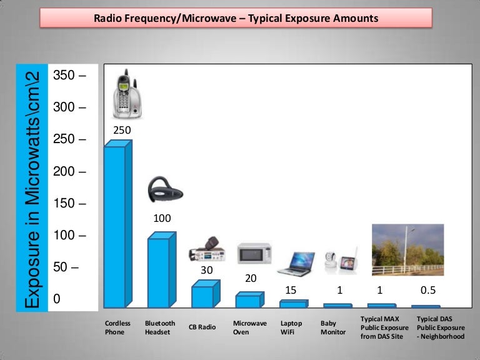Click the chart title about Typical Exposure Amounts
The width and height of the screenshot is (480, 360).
[236, 19]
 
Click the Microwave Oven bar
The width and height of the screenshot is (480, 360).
[248, 301]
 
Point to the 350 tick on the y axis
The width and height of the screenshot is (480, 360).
[69, 76]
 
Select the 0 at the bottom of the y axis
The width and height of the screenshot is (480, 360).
[57, 299]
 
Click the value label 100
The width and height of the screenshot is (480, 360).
[162, 219]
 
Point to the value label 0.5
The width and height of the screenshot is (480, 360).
[427, 290]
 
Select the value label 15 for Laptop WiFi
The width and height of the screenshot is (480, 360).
[291, 290]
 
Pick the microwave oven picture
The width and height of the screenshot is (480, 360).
[254, 253]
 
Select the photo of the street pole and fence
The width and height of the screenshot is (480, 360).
[407, 250]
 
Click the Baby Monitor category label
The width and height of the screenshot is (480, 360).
[332, 327]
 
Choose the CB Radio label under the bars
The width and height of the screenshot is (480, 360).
[202, 327]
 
